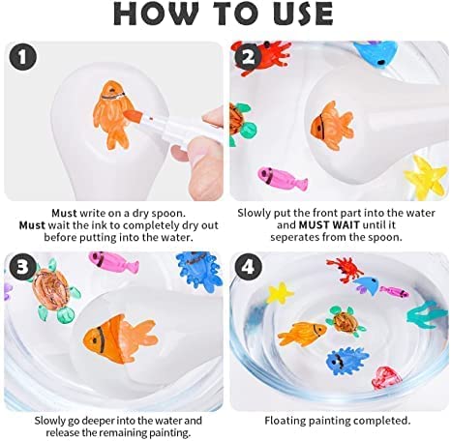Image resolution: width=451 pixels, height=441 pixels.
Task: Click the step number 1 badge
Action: coord(23,58)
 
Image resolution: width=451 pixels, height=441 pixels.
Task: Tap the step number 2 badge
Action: coord(248,58)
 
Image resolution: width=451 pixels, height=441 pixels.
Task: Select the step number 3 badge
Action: coord(23,267)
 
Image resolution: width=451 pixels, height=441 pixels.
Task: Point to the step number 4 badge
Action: coord(248,267)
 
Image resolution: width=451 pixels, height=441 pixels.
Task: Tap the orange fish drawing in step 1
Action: coord(110,114)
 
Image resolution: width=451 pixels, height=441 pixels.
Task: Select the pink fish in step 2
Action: coord(283,178)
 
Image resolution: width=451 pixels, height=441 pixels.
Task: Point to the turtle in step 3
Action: coord(54,291)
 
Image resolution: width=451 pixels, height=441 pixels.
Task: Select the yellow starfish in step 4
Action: coord(280,293)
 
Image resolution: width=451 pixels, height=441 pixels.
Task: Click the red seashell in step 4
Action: coord(386,378)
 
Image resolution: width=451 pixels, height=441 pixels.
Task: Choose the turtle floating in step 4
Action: coord(345,322)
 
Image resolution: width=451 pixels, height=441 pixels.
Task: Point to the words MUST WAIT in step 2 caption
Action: coord(329,224)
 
